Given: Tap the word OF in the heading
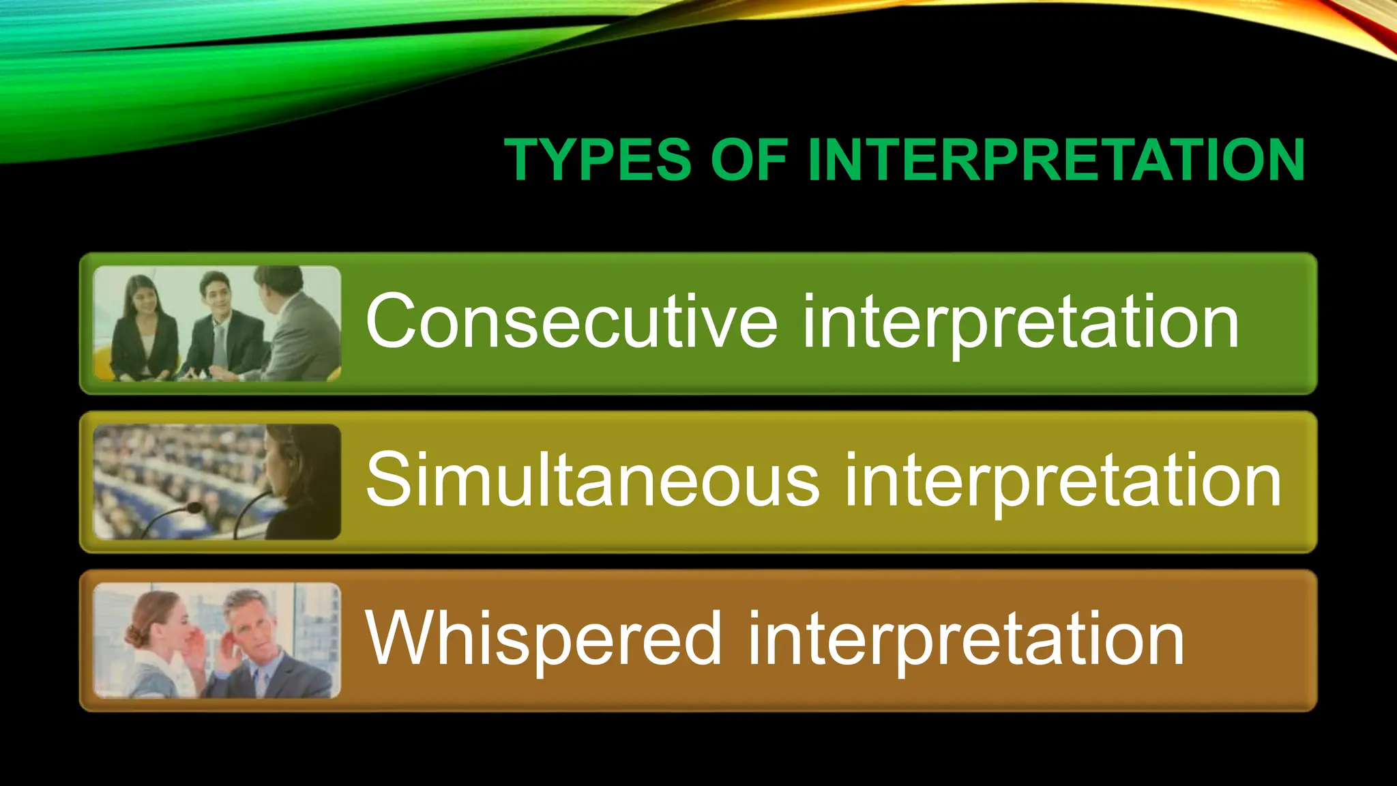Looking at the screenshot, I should click(749, 160).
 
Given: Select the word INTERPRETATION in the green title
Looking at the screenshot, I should click(1056, 160).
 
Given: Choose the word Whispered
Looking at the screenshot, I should click(543, 639).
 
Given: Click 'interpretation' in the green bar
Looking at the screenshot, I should click(1020, 322).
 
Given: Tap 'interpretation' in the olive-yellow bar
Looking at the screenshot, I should click(1063, 481).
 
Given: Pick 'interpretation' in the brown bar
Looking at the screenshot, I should click(966, 640).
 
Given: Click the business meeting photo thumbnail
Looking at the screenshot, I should click(217, 323).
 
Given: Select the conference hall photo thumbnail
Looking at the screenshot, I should click(217, 482).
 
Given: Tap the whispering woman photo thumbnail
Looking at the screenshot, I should click(217, 640).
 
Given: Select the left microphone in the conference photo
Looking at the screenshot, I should click(193, 508).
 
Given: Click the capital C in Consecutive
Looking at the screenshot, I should click(392, 321).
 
